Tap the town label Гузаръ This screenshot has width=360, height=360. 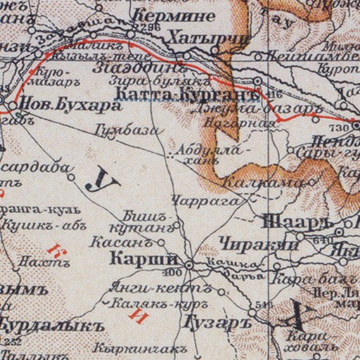[x=210, y=322]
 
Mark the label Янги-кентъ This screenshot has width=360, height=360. [x=139, y=288]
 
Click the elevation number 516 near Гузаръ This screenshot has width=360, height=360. [x=264, y=305]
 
